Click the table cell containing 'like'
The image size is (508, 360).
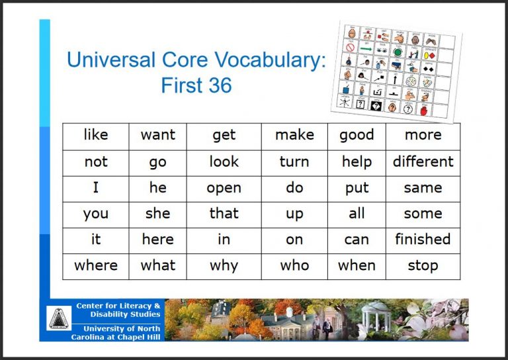pos(96,136)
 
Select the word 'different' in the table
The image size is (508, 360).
pos(423,162)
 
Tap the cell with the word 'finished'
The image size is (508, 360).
pos(423,240)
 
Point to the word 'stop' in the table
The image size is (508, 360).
pos(423,266)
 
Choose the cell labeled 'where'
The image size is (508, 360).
pos(96,266)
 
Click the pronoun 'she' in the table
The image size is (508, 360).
pos(157,214)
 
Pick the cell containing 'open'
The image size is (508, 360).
pos(224,188)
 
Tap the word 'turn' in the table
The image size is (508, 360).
pos(294,162)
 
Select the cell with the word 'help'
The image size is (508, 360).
pos(357,162)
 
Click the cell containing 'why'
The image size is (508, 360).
pos(224,266)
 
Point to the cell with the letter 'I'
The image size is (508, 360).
pos(96,188)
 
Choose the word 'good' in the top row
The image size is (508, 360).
pos(357,136)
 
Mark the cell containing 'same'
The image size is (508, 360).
pos(423,188)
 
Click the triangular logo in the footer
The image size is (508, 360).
pos(59,319)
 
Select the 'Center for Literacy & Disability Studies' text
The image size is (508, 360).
pos(118,310)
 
